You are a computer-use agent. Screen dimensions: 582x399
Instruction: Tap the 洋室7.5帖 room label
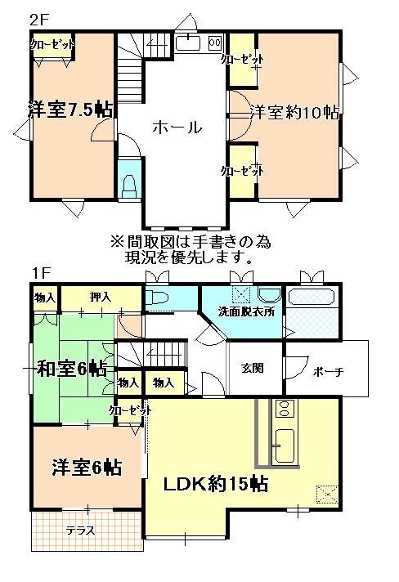[x=69, y=109]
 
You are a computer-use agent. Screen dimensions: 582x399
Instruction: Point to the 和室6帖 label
[x=71, y=369]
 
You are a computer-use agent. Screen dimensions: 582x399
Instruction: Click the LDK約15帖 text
[x=217, y=482]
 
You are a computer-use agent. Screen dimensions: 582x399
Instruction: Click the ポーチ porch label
[x=327, y=372]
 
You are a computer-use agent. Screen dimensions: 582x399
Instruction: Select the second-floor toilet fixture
[x=128, y=186]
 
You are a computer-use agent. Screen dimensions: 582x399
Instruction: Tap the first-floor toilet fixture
[x=159, y=298]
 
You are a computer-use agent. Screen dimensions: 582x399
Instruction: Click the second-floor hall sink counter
[x=196, y=43]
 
